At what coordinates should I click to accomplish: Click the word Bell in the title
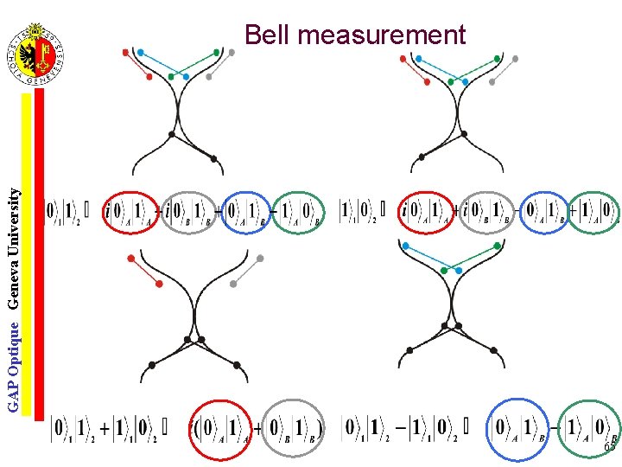pos(264,35)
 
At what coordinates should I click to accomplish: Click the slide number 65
pos(610,446)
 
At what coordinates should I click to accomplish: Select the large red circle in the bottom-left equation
pos(220,427)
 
